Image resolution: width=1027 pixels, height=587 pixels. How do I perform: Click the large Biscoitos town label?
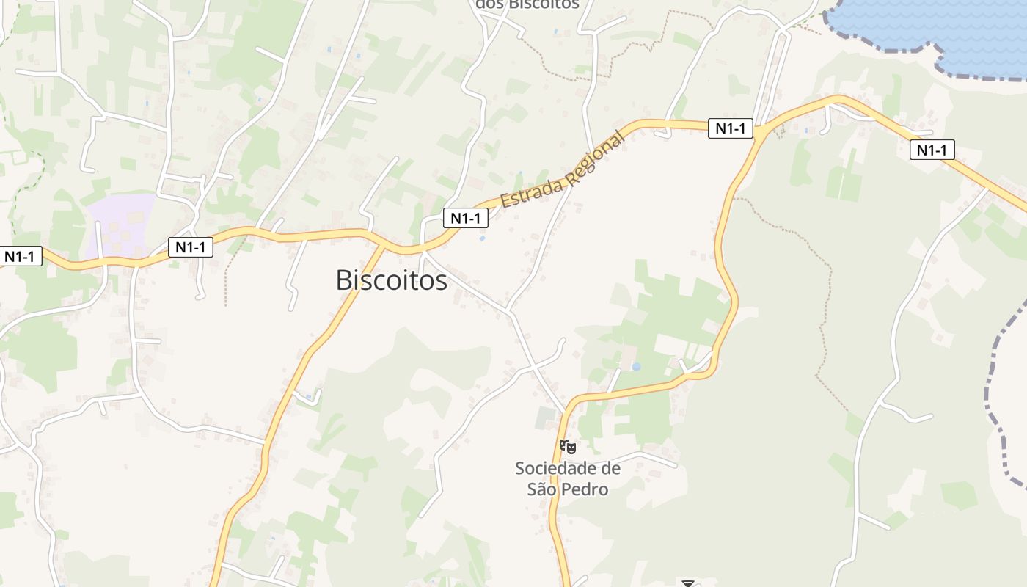pyautogui.click(x=391, y=280)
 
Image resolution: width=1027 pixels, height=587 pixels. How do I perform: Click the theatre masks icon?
pyautogui.click(x=568, y=446)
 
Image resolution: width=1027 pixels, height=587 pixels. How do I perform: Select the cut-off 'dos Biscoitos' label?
pyautogui.click(x=527, y=4)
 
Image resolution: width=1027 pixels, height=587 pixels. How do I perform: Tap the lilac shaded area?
pyautogui.click(x=121, y=224)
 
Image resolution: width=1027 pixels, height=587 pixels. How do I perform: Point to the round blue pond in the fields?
pyautogui.click(x=636, y=366)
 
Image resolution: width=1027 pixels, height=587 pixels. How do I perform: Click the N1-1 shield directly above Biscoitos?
pyautogui.click(x=465, y=218)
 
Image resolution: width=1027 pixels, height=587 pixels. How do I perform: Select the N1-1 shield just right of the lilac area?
pyautogui.click(x=191, y=247)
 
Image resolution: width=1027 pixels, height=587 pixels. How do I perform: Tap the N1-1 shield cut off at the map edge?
pyautogui.click(x=21, y=257)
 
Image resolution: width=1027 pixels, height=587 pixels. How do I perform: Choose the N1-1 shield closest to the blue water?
pyautogui.click(x=932, y=150)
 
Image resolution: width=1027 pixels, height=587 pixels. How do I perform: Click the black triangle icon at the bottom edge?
pyautogui.click(x=687, y=583)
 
